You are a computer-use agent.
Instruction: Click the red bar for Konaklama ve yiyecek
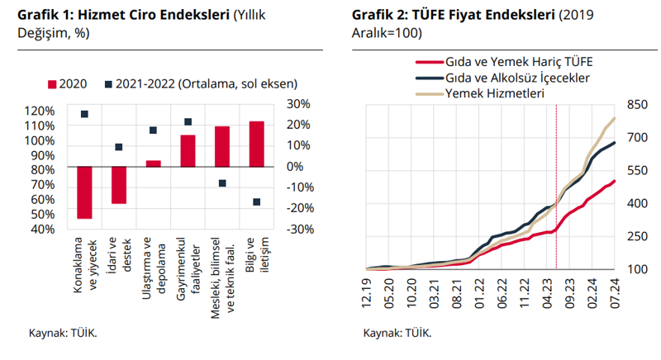click(x=84, y=192)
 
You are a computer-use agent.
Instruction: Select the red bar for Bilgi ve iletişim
click(x=256, y=144)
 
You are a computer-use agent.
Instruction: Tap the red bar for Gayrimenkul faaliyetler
click(x=188, y=150)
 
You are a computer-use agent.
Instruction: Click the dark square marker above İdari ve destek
click(x=119, y=147)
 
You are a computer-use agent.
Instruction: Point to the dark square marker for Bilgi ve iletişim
click(x=256, y=202)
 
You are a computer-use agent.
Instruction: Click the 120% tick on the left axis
click(x=40, y=111)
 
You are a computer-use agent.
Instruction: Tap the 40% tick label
click(x=40, y=229)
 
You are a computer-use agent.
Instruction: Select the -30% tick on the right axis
click(x=297, y=229)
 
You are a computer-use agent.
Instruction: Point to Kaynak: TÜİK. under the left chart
click(x=63, y=334)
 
